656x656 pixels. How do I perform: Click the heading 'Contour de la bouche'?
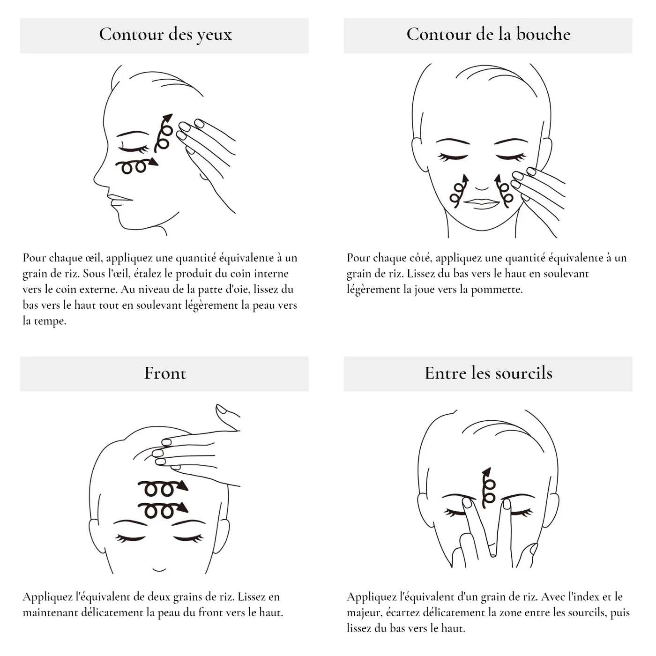point(488,34)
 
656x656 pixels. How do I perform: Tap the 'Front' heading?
point(165,373)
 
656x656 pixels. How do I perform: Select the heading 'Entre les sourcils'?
point(489,373)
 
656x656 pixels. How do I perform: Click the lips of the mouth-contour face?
point(482,203)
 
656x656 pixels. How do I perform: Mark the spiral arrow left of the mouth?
point(459,191)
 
